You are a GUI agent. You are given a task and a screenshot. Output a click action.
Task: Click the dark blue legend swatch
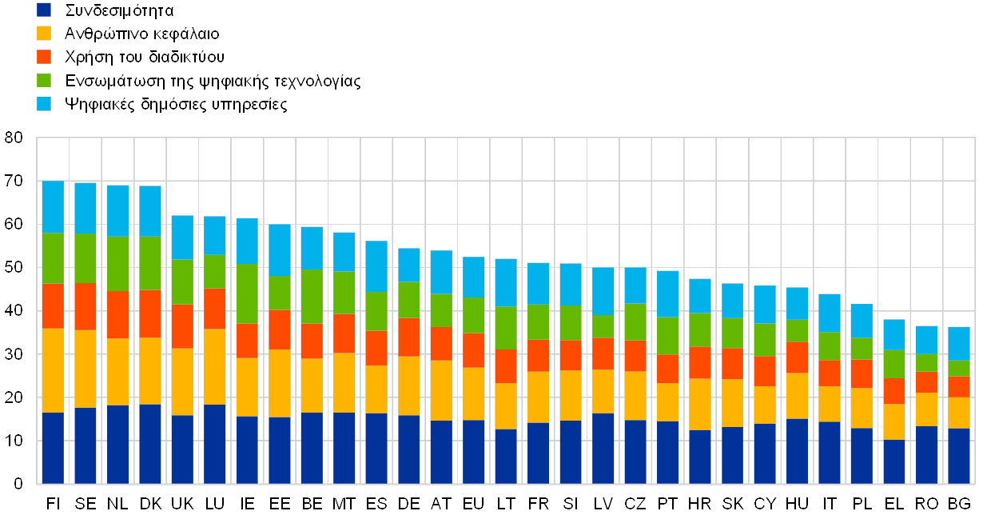[44, 10]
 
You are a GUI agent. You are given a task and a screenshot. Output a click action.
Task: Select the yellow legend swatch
[44, 34]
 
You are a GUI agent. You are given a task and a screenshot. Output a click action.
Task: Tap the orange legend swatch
[44, 57]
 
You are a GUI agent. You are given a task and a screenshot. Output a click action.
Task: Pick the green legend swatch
[44, 81]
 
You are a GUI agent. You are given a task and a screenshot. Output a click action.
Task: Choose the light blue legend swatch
[44, 104]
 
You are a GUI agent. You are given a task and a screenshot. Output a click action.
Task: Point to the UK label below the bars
[182, 504]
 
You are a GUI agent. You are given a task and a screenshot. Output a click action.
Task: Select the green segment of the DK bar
[150, 263]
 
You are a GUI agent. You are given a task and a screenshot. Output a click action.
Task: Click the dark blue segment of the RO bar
[927, 455]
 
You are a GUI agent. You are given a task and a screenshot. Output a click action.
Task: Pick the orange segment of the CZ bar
[635, 356]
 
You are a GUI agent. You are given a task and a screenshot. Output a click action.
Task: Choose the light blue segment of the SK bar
[732, 301]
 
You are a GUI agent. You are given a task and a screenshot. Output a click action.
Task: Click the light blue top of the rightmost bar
[959, 344]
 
